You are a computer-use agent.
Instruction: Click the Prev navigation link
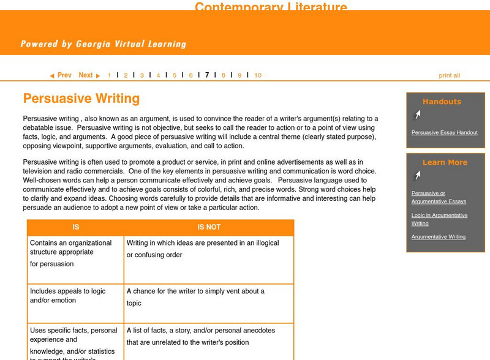61,75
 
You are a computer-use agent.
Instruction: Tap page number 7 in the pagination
207,75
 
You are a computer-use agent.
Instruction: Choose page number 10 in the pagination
258,75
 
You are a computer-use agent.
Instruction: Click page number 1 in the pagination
110,75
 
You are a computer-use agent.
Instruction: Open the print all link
449,75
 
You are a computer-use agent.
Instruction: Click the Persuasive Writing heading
81,99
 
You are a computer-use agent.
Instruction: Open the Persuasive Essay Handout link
444,132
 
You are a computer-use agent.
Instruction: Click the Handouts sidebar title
442,102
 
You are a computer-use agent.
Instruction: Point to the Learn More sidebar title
445,162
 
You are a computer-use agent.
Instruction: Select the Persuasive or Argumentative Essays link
439,197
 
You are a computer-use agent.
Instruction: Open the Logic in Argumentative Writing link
439,219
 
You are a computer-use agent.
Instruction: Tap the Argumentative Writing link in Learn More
438,236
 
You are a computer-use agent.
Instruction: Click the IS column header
75,227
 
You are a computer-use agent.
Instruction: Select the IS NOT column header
209,227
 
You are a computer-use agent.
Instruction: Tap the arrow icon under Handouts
417,114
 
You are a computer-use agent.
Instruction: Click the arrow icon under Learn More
417,176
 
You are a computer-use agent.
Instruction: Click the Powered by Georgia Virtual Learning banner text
103,44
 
